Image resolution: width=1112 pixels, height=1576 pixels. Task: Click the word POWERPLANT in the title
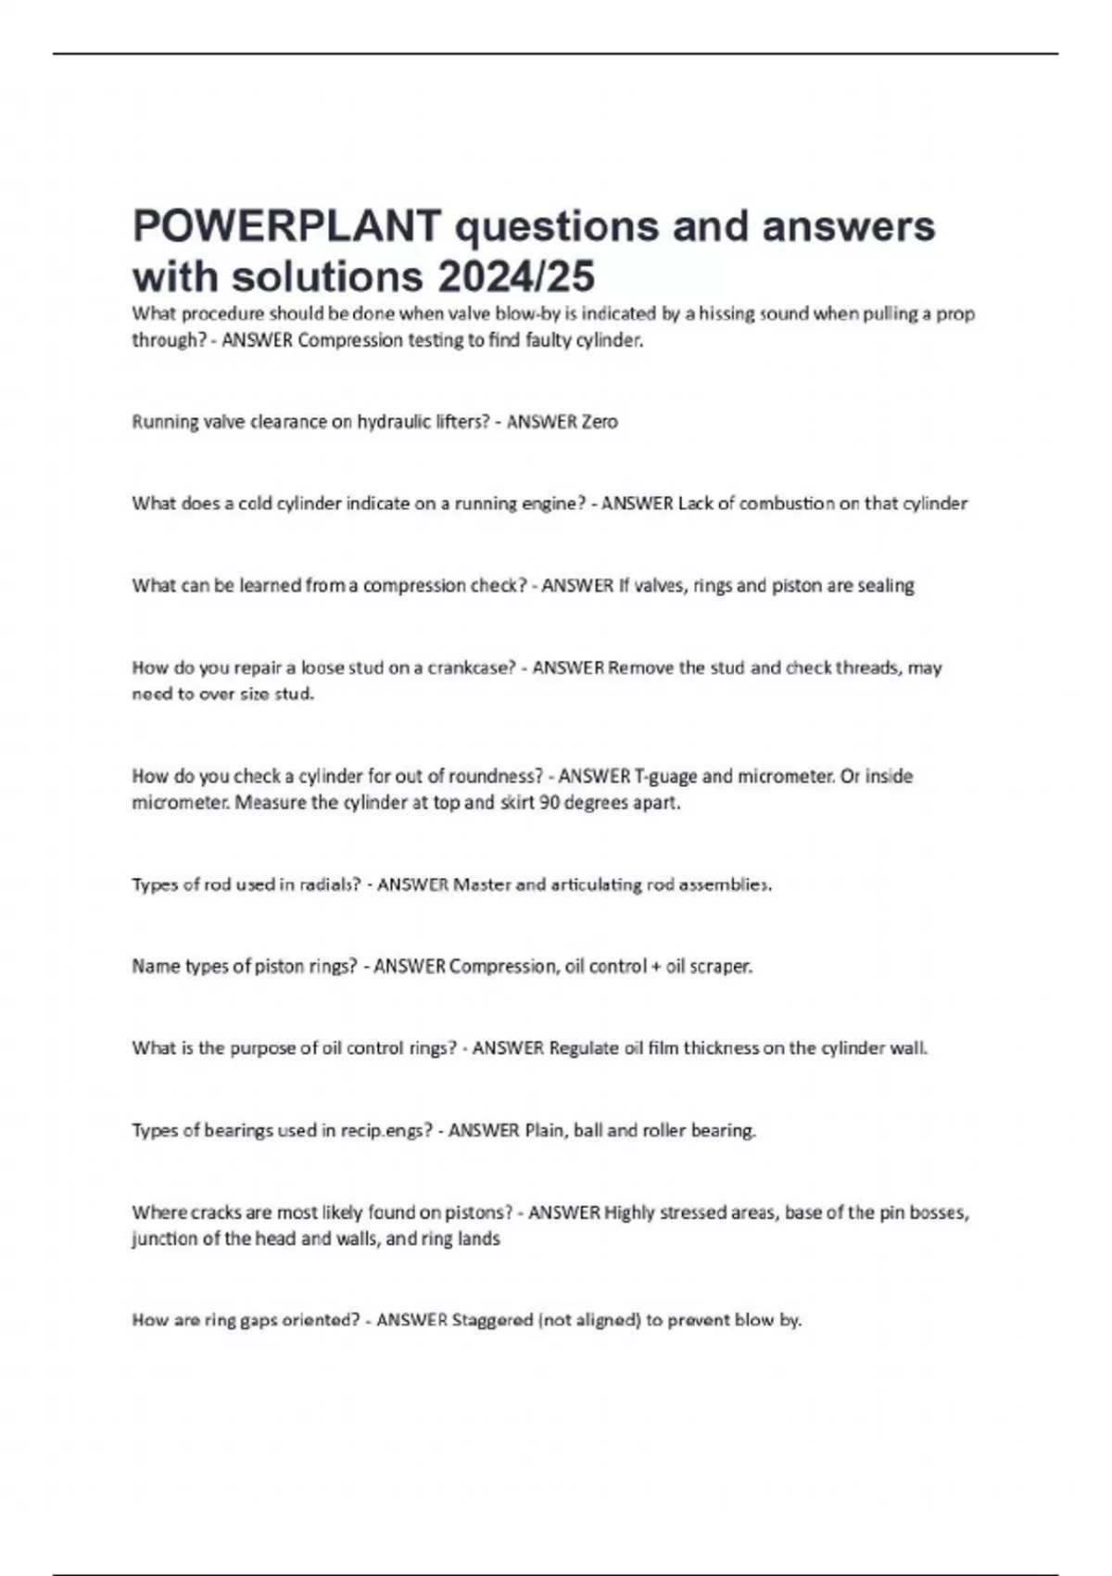coord(287,226)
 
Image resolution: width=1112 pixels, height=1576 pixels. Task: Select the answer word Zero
coord(599,422)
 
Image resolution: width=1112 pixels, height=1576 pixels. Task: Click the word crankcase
coord(470,667)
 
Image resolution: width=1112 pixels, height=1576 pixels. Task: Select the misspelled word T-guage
coord(664,776)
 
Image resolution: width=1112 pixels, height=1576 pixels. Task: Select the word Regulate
coord(584,1049)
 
